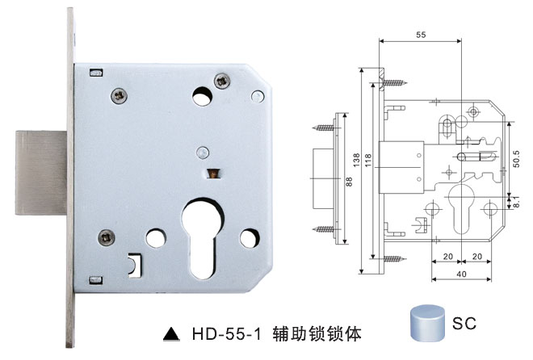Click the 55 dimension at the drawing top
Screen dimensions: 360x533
tap(420, 36)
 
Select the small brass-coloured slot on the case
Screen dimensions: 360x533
tap(213, 173)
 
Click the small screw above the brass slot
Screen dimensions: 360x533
tap(203, 150)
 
